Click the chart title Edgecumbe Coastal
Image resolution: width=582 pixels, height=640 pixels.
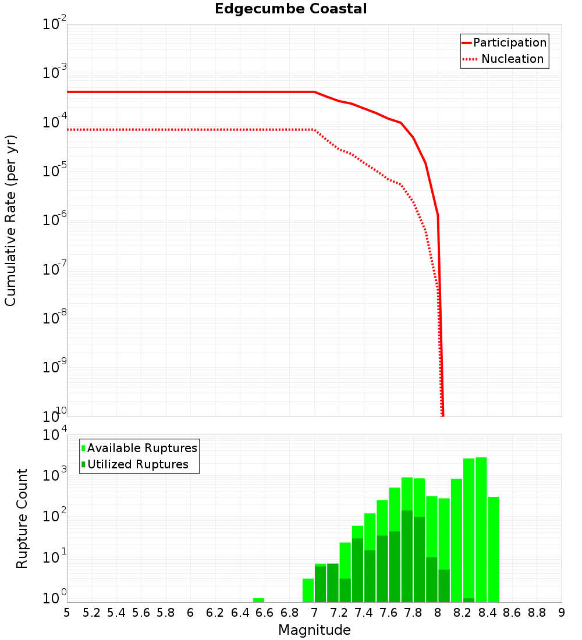(290, 9)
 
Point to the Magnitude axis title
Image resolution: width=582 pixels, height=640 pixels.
(314, 630)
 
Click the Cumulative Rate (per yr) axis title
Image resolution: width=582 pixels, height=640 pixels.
(10, 220)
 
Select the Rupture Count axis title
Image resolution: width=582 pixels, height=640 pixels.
(22, 518)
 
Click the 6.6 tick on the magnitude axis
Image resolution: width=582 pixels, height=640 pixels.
(265, 613)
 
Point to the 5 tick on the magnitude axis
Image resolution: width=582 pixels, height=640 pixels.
(67, 613)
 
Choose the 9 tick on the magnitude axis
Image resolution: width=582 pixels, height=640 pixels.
(562, 613)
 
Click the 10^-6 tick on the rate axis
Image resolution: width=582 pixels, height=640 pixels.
(54, 220)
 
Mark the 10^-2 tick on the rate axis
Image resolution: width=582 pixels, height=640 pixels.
(54, 24)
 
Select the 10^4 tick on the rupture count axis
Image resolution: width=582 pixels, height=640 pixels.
(54, 435)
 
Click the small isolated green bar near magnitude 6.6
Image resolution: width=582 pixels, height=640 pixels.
(258, 600)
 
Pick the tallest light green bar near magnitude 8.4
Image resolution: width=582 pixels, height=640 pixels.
(481, 529)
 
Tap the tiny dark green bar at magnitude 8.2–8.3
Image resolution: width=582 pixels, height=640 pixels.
(469, 600)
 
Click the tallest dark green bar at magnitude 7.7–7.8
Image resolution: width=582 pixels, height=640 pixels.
(407, 556)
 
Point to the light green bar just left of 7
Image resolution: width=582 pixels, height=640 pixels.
(308, 590)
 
